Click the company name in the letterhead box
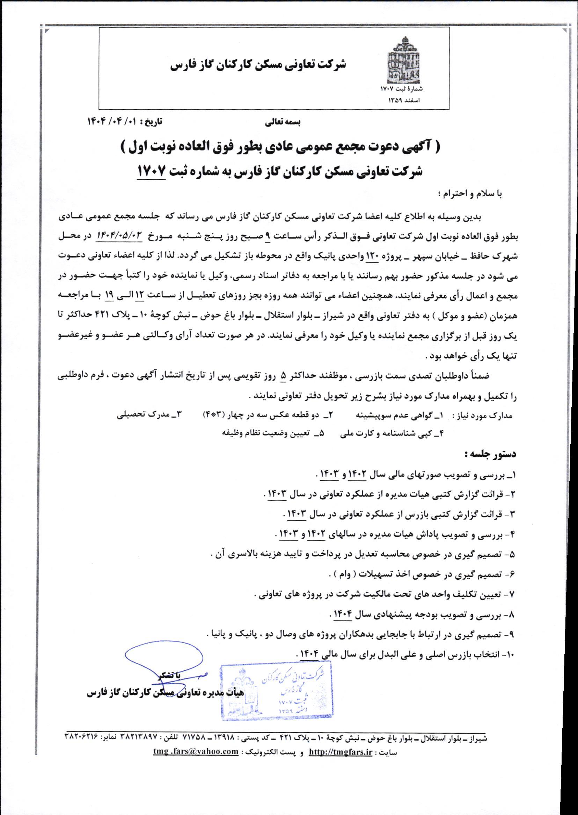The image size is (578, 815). click(259, 64)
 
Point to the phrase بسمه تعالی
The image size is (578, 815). click(283, 122)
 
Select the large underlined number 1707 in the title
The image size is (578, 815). click(152, 171)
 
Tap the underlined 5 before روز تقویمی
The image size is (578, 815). click(284, 376)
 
